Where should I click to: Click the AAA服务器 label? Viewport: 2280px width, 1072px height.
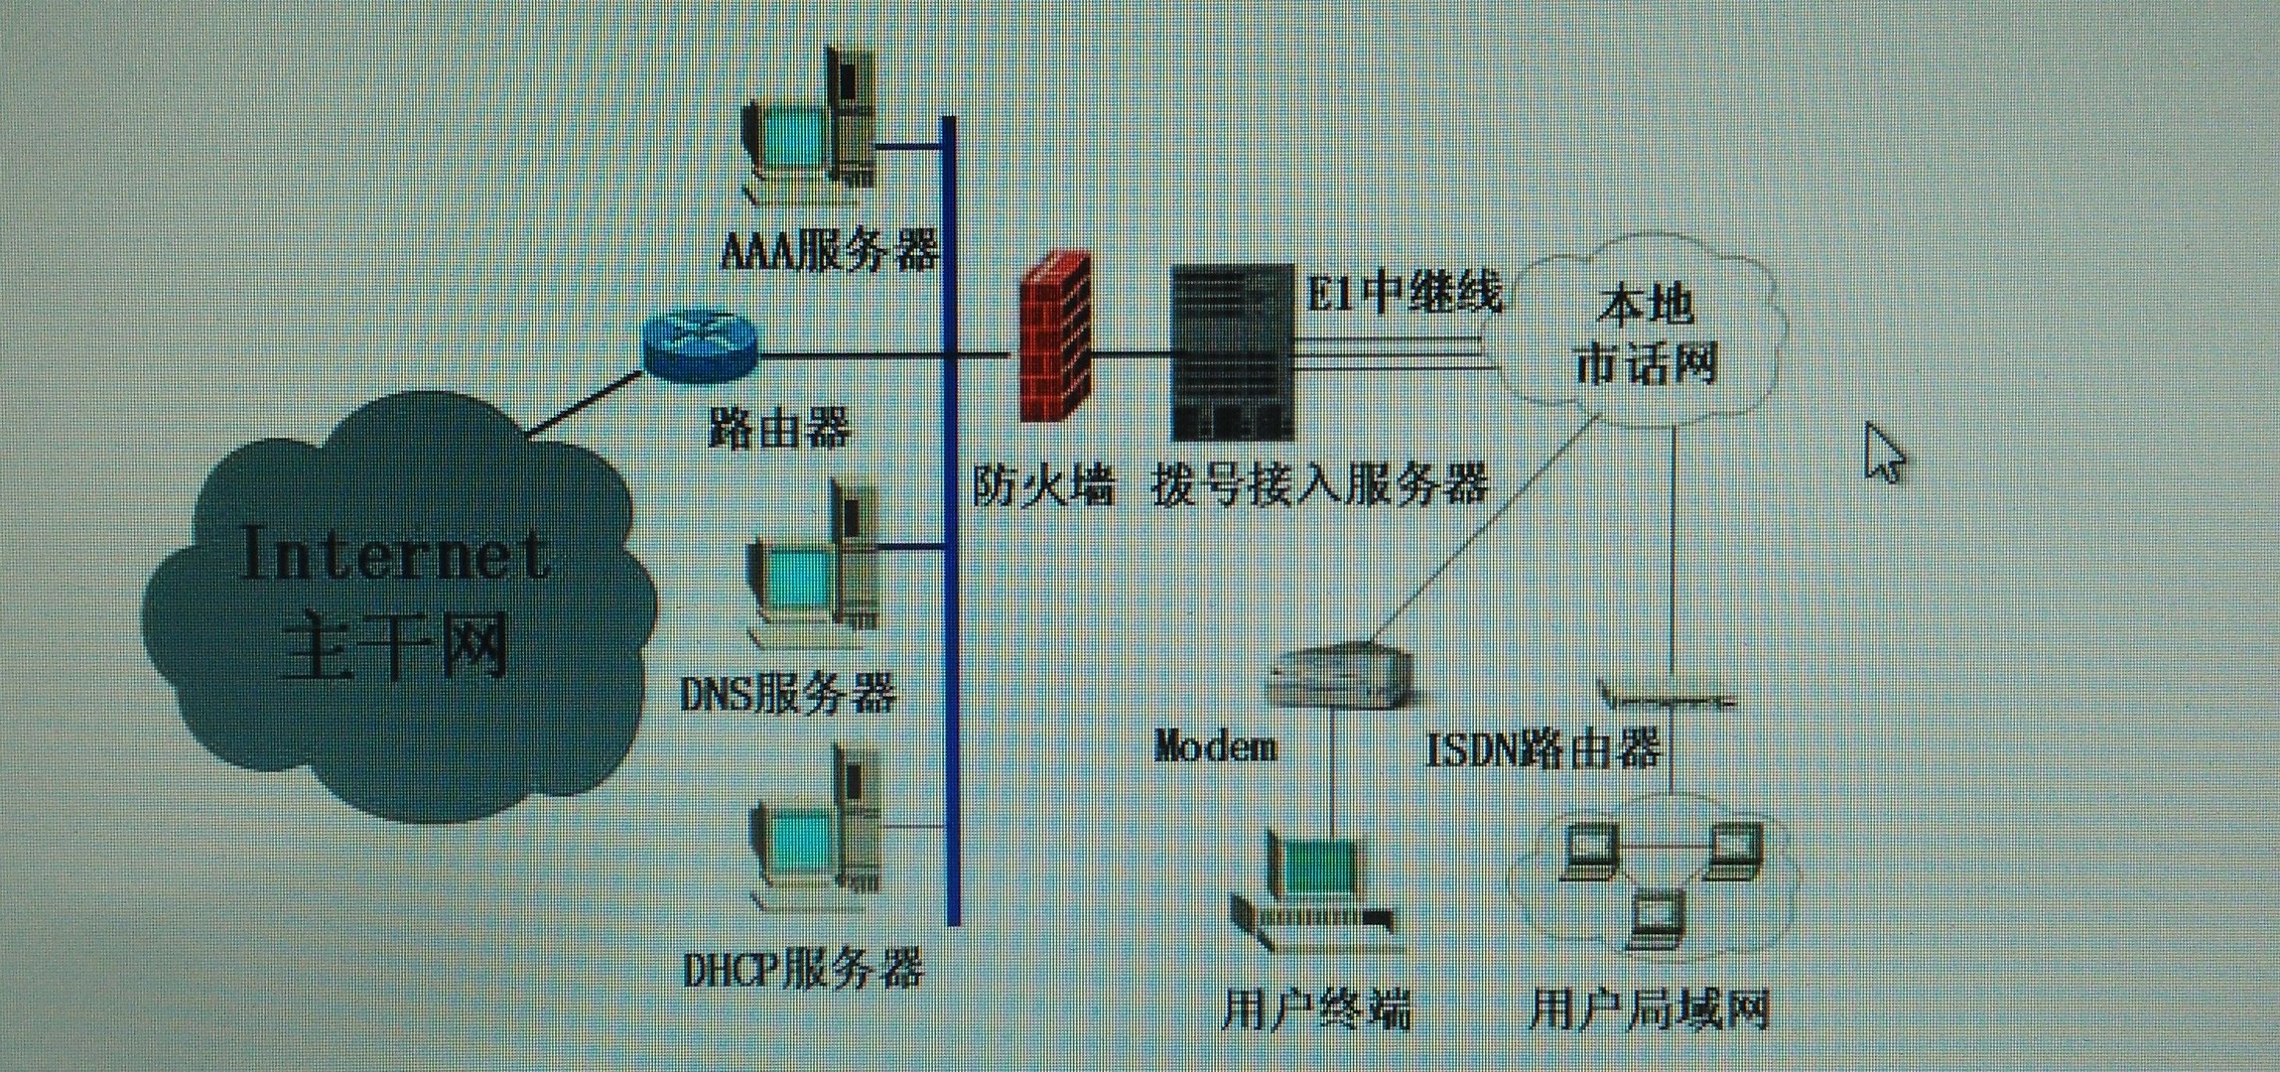(829, 249)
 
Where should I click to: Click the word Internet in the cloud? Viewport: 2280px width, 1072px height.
(396, 555)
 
